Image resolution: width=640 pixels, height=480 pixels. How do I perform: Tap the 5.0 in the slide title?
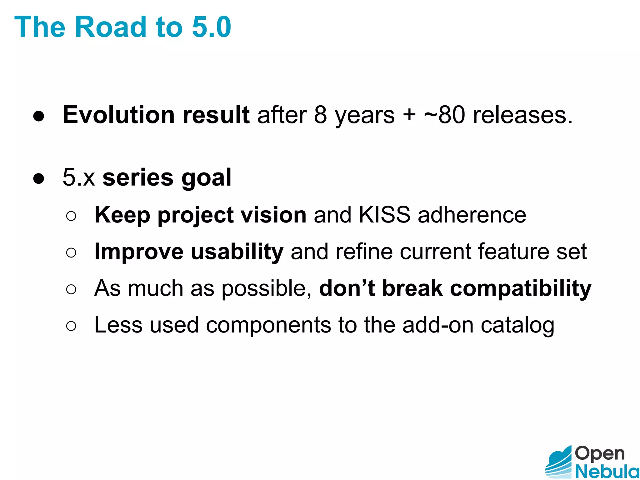[x=212, y=27]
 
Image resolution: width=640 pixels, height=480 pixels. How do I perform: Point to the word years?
[x=365, y=116]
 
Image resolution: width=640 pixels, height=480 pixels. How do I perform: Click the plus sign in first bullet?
[x=409, y=115]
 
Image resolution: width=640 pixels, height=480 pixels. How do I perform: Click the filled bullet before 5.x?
[x=39, y=179]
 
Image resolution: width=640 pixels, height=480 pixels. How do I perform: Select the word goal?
[x=206, y=178]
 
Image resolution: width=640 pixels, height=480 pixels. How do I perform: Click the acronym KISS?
[x=384, y=215]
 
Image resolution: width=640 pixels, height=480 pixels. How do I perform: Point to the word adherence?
[x=472, y=215]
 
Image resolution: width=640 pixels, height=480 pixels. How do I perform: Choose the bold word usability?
[x=237, y=252]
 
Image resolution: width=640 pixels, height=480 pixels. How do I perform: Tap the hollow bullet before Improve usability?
[x=71, y=252]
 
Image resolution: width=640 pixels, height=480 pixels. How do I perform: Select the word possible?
[x=266, y=288]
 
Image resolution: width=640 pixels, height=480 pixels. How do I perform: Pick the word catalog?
[x=517, y=326]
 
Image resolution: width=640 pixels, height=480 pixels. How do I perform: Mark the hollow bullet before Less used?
[x=71, y=326]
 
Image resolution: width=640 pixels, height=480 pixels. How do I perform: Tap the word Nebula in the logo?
[x=607, y=471]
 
